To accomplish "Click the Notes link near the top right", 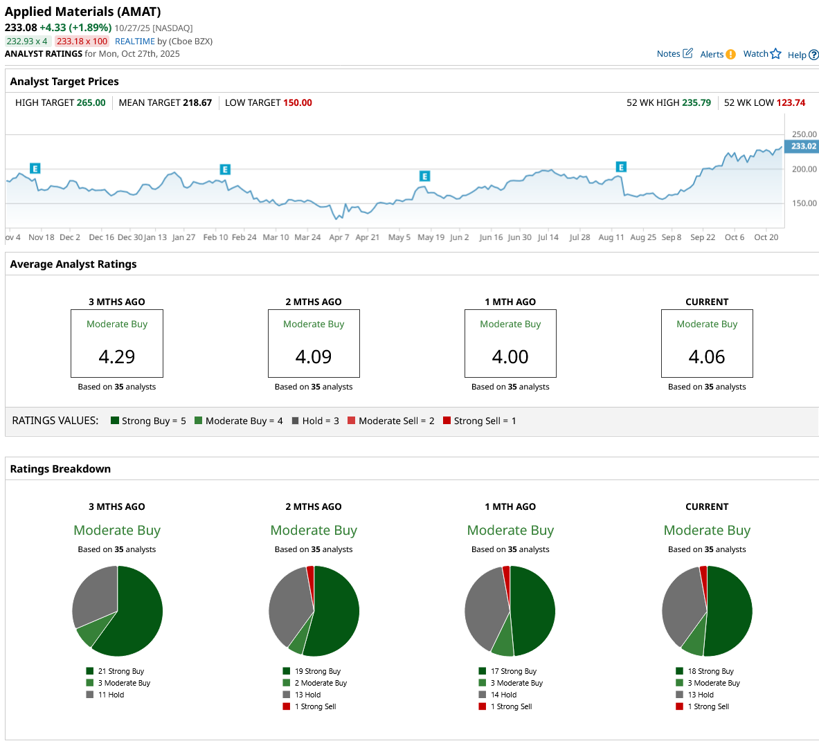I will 669,54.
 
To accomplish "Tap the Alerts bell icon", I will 730,55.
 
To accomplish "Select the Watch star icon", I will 775,54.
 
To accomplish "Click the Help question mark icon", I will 813,55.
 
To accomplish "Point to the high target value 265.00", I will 91,102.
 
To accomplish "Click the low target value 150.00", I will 298,102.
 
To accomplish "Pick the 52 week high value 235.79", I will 696,102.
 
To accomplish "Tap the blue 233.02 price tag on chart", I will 803,146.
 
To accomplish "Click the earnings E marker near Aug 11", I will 621,167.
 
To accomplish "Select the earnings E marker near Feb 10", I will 225,170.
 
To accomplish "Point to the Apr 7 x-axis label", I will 339,237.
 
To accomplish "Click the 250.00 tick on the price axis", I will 804,134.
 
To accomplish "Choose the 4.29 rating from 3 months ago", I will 117,356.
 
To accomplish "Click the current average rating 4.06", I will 707,356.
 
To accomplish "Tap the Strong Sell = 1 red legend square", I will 447,421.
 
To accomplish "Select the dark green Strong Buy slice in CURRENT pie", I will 730,612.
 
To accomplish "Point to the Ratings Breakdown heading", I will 60,468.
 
